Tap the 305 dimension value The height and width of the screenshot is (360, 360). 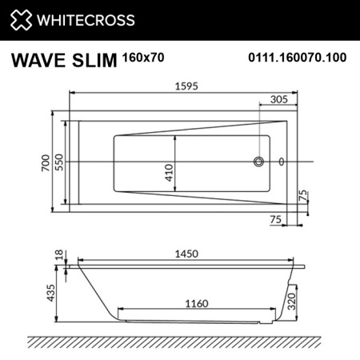pos(278,100)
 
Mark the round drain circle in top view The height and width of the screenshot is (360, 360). pos(258,163)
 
